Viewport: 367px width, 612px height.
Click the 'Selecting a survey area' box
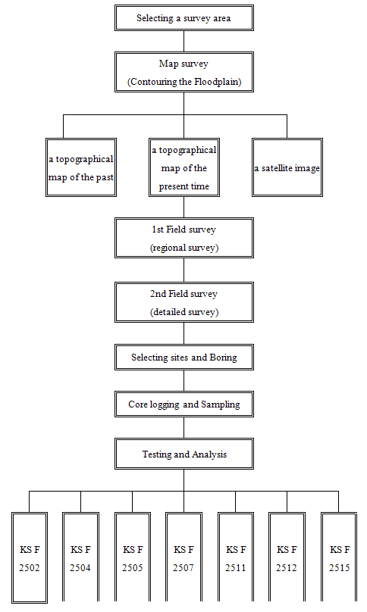point(183,18)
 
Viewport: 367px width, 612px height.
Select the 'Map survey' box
point(183,72)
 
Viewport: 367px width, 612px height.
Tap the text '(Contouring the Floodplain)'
point(183,82)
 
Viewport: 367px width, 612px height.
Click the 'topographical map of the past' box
point(81,168)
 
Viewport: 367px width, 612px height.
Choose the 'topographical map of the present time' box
point(183,168)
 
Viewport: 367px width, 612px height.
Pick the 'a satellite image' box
point(287,168)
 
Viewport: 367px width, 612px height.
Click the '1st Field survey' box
point(183,238)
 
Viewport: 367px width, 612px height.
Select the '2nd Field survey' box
point(183,302)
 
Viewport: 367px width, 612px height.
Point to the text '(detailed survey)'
point(183,312)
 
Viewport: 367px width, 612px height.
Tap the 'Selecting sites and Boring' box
point(183,357)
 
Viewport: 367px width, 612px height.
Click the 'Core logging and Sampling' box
point(183,404)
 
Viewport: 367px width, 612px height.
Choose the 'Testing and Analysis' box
point(183,454)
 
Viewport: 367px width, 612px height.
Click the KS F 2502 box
point(30,558)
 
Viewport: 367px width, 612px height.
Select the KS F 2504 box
point(81,558)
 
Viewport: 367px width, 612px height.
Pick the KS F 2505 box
point(133,558)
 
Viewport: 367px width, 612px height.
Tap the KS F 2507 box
point(183,558)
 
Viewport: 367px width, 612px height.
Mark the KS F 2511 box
point(236,558)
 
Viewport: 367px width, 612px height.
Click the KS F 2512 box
point(287,558)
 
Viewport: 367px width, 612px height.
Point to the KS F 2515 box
point(339,558)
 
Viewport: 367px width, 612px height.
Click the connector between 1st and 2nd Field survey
point(183,270)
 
